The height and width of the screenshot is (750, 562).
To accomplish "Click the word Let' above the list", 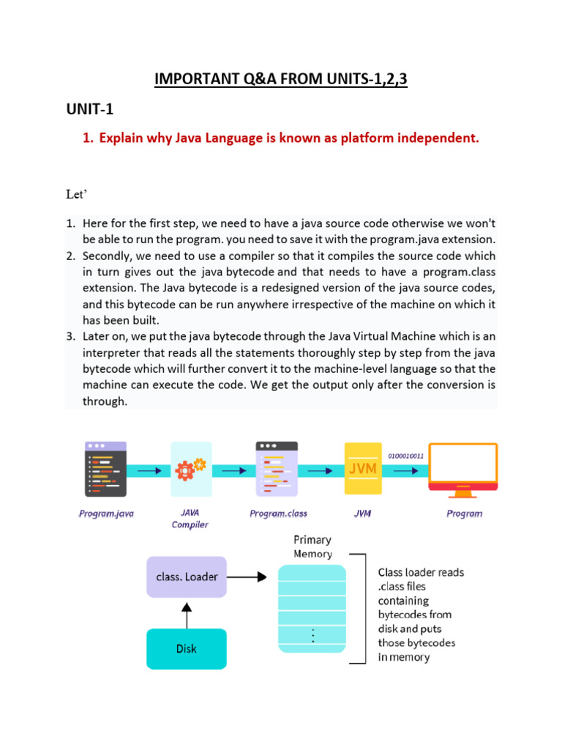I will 75,196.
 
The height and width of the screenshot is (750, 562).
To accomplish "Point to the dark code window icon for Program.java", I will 106,469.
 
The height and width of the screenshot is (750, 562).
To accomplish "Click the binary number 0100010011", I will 405,456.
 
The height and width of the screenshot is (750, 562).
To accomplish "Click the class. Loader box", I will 187,576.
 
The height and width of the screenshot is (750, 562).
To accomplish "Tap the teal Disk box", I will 187,648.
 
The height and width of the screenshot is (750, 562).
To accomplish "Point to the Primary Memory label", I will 312,546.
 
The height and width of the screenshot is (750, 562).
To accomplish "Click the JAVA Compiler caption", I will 190,519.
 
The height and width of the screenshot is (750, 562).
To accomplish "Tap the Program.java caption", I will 106,514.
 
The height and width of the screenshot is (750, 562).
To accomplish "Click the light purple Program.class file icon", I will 277,469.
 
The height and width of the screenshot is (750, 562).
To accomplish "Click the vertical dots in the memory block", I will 312,635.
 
